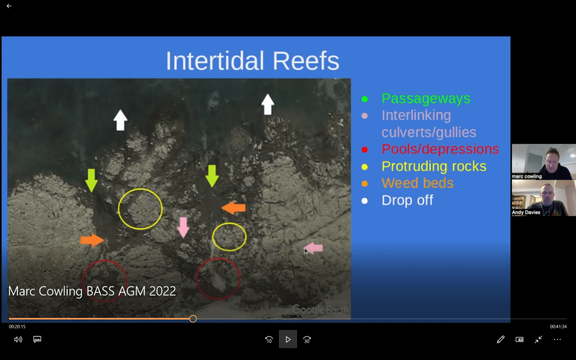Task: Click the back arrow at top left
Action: coord(9,6)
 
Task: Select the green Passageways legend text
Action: coord(426,98)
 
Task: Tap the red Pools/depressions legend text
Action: coord(440,149)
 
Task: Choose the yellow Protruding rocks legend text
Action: coord(434,166)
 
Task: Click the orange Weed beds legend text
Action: coord(417,183)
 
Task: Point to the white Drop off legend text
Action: coord(407,200)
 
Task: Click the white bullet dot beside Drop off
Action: coord(364,201)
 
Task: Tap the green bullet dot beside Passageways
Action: coord(364,99)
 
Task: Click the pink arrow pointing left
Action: coord(313,248)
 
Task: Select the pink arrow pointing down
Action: coord(183,227)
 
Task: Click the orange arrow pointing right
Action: coord(92,240)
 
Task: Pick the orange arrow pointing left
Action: coord(233,208)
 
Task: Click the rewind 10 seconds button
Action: coord(269,340)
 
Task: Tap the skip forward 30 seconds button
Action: coord(307,340)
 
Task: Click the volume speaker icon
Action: coord(18,339)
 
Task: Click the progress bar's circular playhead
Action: coord(193,319)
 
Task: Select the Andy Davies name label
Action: coord(526,212)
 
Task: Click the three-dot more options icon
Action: coord(557,339)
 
